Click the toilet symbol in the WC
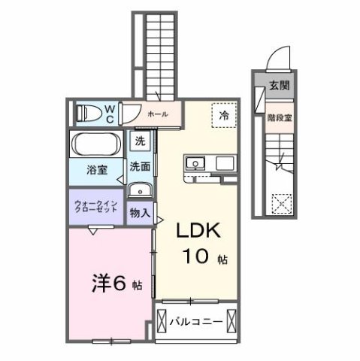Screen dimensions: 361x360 click(x=89, y=114)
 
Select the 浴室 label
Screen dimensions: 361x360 click(x=96, y=170)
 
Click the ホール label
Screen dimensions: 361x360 click(x=157, y=114)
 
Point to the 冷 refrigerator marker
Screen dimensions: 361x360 click(x=223, y=116)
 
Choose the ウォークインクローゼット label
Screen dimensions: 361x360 click(x=96, y=208)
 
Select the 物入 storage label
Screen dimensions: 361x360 click(x=139, y=213)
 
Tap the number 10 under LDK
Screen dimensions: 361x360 click(x=198, y=256)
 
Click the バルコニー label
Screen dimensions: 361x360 click(x=195, y=321)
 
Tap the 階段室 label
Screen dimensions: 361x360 click(x=280, y=118)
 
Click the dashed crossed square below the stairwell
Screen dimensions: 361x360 click(x=280, y=203)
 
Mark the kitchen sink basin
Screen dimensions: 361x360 click(x=195, y=163)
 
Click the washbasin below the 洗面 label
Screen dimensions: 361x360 click(x=139, y=189)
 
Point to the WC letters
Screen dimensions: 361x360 click(x=110, y=114)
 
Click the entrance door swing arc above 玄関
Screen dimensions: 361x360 click(x=279, y=58)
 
